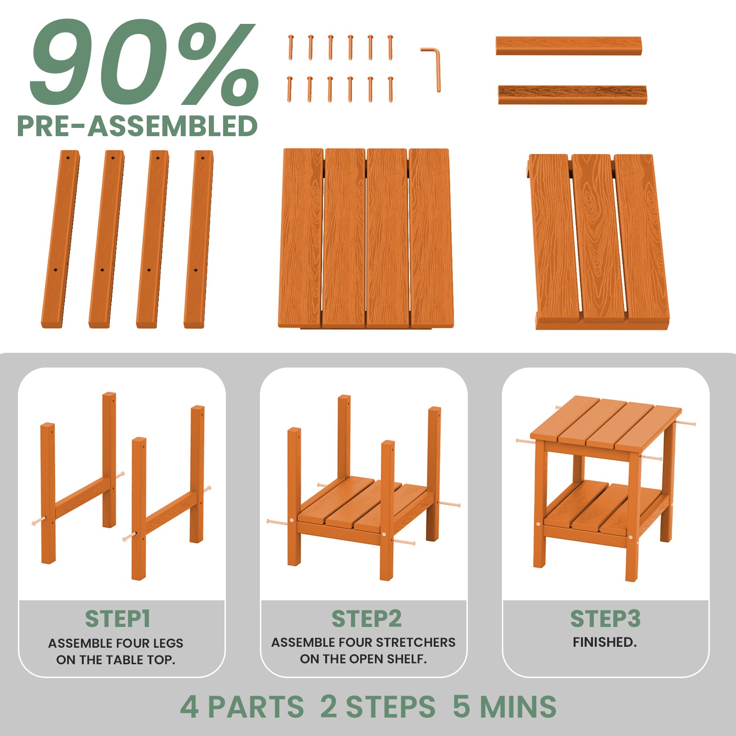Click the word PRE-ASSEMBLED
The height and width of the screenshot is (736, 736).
click(x=137, y=126)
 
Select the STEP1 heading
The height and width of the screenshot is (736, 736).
click(x=118, y=619)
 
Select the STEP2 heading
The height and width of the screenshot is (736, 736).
click(x=367, y=619)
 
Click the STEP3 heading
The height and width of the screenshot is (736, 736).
click(x=605, y=619)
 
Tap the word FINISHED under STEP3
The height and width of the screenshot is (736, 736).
click(x=604, y=642)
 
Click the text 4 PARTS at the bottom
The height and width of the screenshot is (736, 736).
click(x=242, y=707)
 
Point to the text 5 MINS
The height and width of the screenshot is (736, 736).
click(x=505, y=707)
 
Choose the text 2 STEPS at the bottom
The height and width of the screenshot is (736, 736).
click(x=378, y=707)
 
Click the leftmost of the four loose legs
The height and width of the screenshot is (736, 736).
click(x=60, y=239)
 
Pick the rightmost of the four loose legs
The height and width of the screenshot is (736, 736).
click(x=199, y=239)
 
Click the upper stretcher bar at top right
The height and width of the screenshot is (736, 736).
click(x=569, y=46)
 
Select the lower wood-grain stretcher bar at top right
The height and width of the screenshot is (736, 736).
click(x=572, y=94)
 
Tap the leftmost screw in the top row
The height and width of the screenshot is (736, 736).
click(x=291, y=47)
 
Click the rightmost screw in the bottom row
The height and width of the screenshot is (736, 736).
click(x=391, y=89)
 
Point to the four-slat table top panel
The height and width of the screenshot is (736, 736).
click(x=366, y=238)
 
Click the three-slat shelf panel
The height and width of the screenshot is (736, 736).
click(x=598, y=241)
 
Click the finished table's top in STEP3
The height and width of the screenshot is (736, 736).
click(x=606, y=424)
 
